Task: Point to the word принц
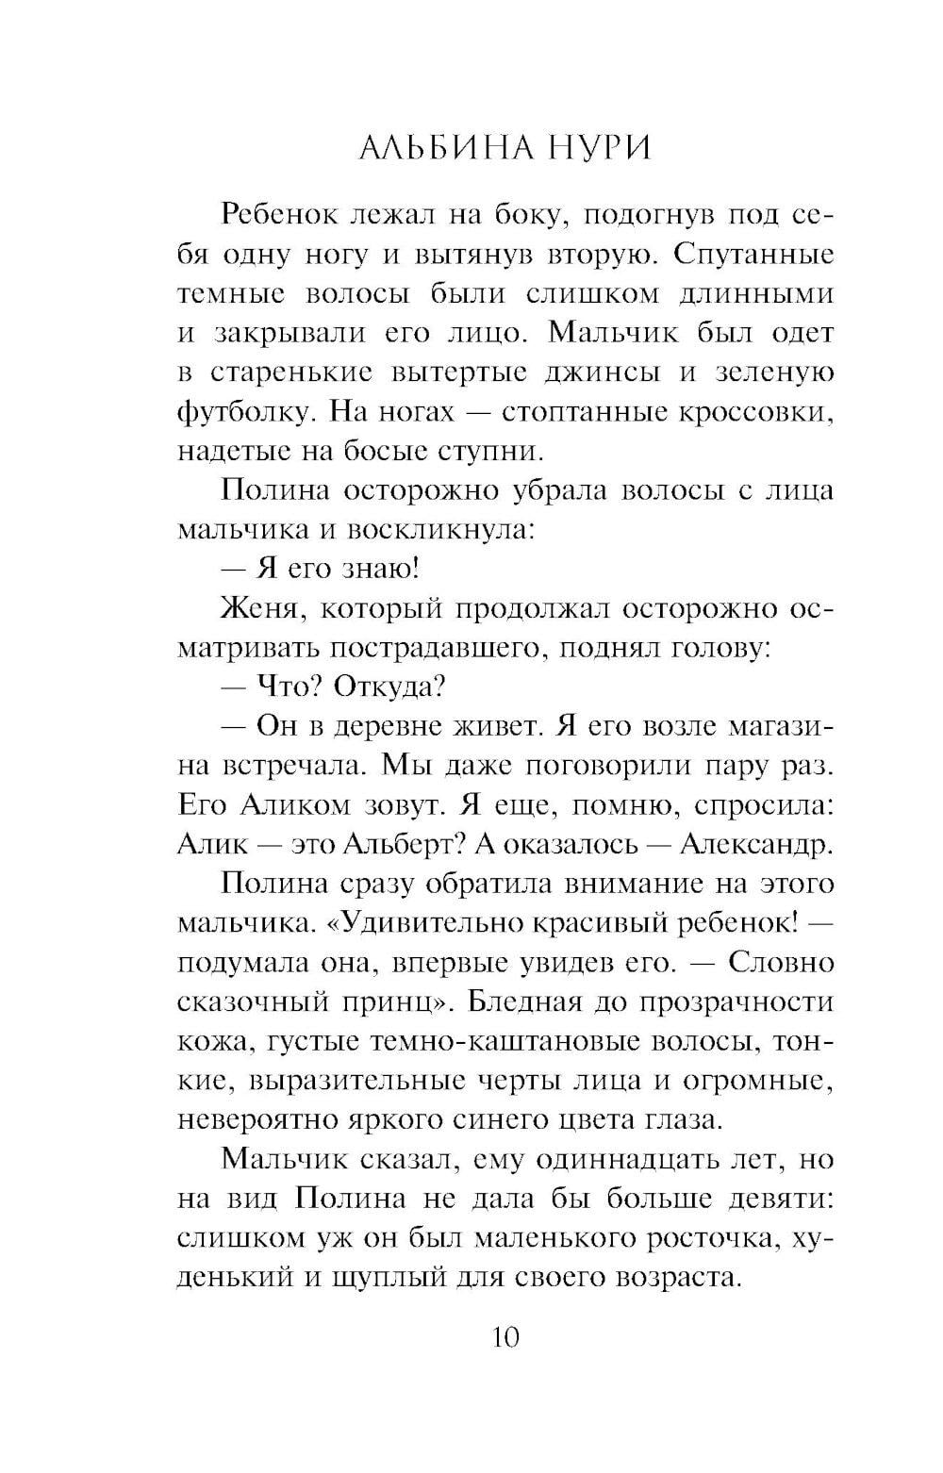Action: (x=404, y=1002)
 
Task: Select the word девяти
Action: (x=779, y=1198)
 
